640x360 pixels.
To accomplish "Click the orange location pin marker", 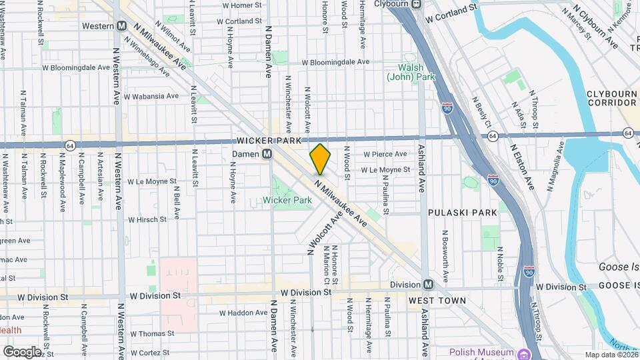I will tap(320, 159).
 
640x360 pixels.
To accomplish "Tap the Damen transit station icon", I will tap(267, 154).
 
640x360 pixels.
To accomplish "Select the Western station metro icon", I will tap(121, 26).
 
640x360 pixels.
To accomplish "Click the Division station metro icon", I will tap(428, 284).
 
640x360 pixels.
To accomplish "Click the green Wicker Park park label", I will tap(287, 200).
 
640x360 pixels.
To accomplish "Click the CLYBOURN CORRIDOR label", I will tap(611, 98).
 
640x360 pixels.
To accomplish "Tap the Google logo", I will tap(21, 351).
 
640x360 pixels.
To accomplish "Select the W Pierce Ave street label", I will tap(385, 154).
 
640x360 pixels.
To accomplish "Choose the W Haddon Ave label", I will tap(243, 312).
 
